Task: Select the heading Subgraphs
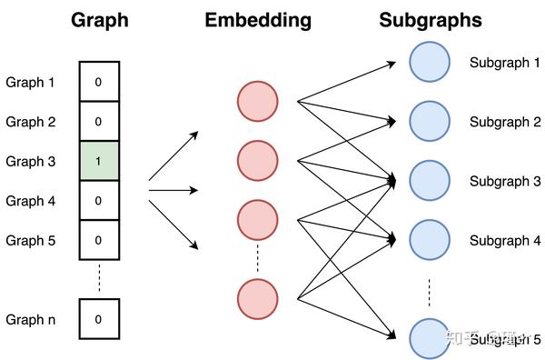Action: pyautogui.click(x=430, y=20)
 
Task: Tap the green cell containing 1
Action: pyautogui.click(x=98, y=161)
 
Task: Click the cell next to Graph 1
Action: pyautogui.click(x=98, y=82)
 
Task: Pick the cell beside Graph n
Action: pyautogui.click(x=98, y=319)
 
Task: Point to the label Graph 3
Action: pyautogui.click(x=31, y=161)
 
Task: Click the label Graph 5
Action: pyautogui.click(x=31, y=240)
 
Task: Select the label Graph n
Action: pyautogui.click(x=31, y=319)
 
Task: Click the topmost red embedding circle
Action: pyautogui.click(x=257, y=101)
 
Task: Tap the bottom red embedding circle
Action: pyautogui.click(x=257, y=299)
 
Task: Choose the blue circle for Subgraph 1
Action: pyautogui.click(x=430, y=63)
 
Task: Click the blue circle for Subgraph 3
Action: pyautogui.click(x=430, y=181)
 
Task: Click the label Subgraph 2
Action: pyautogui.click(x=505, y=122)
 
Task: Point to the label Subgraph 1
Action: pyautogui.click(x=505, y=63)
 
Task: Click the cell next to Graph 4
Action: pyautogui.click(x=98, y=200)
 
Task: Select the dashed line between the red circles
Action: pyautogui.click(x=257, y=259)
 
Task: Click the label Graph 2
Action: pyautogui.click(x=31, y=122)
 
